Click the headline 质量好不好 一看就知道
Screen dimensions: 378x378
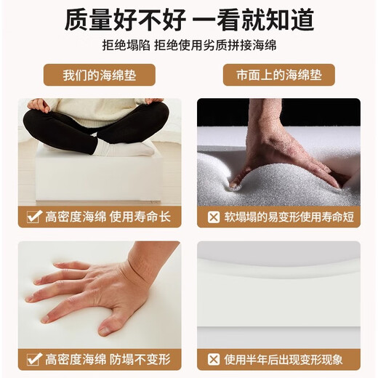pyautogui.click(x=189, y=20)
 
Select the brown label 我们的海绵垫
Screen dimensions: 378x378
pyautogui.click(x=99, y=75)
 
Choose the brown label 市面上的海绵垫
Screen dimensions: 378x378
pyautogui.click(x=279, y=75)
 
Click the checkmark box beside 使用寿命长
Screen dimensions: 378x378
pyautogui.click(x=33, y=216)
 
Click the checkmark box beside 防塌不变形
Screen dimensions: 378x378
pyautogui.click(x=33, y=358)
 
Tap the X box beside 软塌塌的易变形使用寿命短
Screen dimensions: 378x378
pyautogui.click(x=213, y=216)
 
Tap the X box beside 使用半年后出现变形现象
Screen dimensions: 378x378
pyautogui.click(x=213, y=358)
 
